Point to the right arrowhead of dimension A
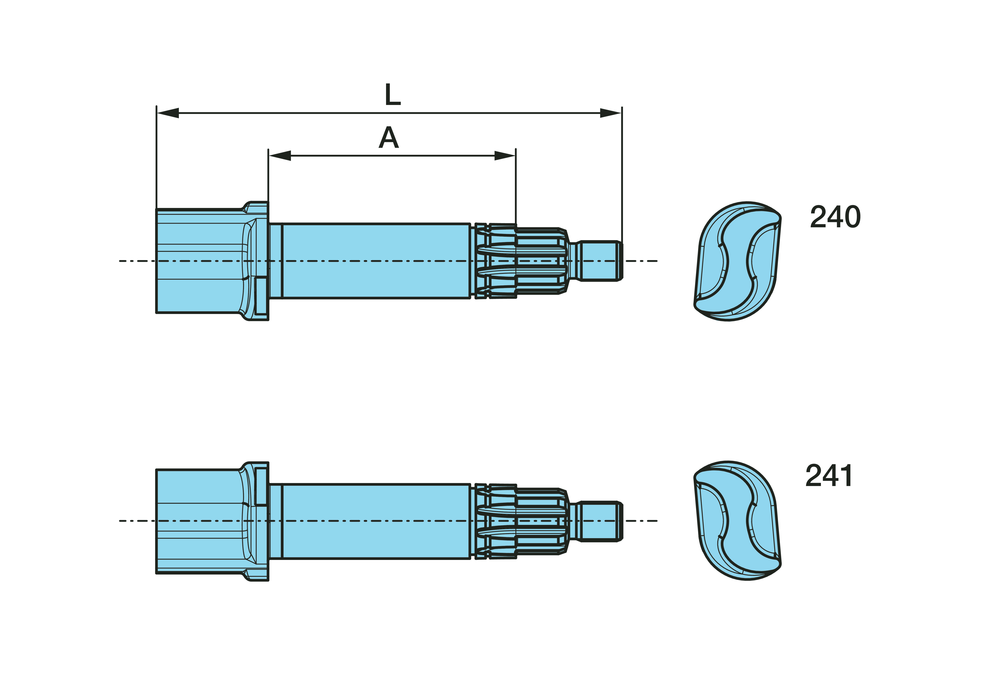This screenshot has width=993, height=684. pos(505,156)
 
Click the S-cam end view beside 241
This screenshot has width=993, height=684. pos(737,521)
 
